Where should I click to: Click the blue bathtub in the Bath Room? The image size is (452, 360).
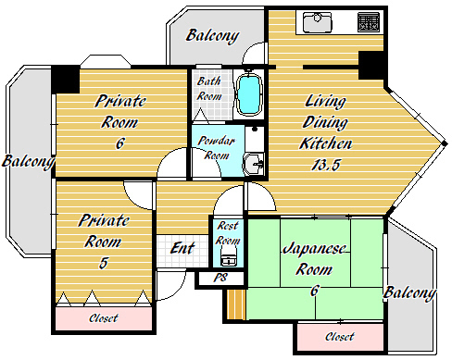[x=249, y=93]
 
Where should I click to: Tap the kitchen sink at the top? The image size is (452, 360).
[x=317, y=22]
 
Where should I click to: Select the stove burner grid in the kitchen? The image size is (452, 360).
[x=369, y=22]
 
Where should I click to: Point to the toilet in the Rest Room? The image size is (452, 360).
[x=229, y=257]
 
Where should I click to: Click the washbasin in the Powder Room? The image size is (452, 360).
[x=254, y=164]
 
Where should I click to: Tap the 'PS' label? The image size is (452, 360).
[x=220, y=278]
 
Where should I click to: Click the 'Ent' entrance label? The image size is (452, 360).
[x=182, y=248]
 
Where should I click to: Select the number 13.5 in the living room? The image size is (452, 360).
[x=326, y=165]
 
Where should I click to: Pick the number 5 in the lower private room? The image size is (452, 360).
[x=104, y=263]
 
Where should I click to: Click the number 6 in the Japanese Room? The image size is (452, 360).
[x=314, y=291]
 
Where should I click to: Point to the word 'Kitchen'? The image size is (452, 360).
[x=326, y=143]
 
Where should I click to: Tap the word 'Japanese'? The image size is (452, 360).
[x=314, y=249]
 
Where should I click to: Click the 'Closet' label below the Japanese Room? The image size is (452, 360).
[x=340, y=337]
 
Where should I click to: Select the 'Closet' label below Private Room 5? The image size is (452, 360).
[x=104, y=318]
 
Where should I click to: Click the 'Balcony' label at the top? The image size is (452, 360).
[x=212, y=36]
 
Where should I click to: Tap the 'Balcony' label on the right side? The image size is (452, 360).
[x=409, y=293]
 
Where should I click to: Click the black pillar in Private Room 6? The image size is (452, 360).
[x=66, y=79]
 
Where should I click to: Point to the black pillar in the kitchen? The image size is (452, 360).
[x=370, y=66]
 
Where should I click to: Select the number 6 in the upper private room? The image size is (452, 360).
[x=119, y=143]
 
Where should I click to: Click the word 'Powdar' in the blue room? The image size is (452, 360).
[x=216, y=141]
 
